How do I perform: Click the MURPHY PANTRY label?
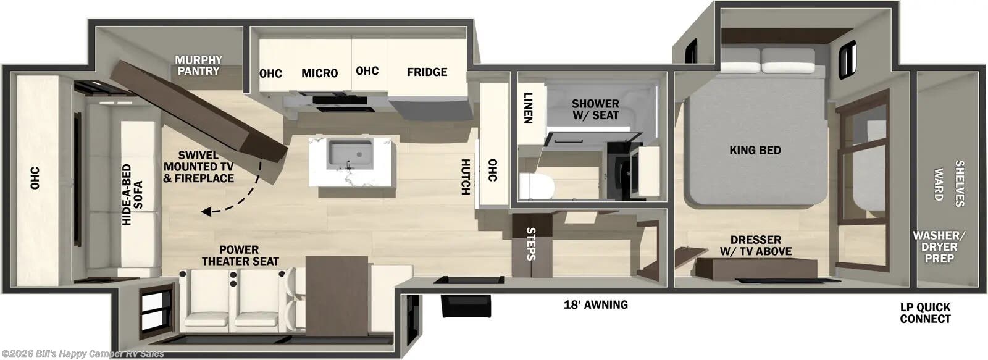[x=198, y=65]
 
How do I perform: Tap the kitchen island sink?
[x=350, y=151]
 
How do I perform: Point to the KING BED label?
[x=755, y=150]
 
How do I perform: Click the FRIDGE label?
[x=427, y=72]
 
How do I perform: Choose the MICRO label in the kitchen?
[x=319, y=73]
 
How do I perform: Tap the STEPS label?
[x=530, y=244]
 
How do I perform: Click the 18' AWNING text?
[x=595, y=304]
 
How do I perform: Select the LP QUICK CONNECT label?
[x=925, y=313]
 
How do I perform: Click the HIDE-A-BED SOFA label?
[x=132, y=195]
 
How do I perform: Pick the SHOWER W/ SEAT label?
[x=595, y=109]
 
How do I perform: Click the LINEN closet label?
[x=528, y=108]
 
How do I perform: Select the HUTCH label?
[x=466, y=177]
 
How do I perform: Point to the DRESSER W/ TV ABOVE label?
[x=755, y=245]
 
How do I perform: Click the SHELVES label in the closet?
[x=959, y=183]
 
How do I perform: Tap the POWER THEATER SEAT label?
[x=240, y=255]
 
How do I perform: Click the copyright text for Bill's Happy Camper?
[x=82, y=354]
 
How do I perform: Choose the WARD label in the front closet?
[x=938, y=184]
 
